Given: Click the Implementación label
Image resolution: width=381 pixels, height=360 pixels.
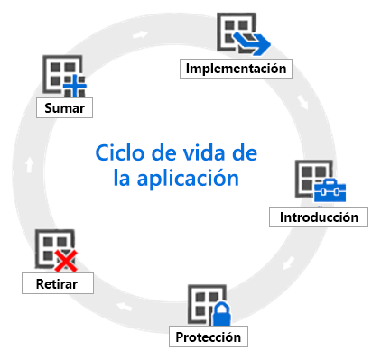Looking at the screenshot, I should click(237, 69).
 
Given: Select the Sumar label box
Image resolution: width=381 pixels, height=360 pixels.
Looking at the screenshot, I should click(64, 109).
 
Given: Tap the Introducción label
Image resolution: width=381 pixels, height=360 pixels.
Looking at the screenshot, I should click(319, 217).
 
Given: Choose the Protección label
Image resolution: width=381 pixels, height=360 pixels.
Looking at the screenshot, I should click(209, 337).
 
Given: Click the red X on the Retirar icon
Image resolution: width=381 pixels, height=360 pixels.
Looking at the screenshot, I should click(64, 262).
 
